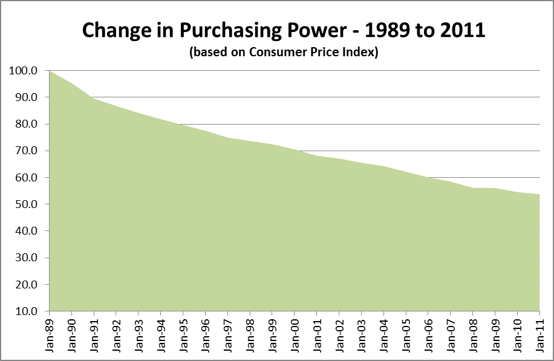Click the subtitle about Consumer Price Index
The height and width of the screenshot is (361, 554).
click(x=284, y=53)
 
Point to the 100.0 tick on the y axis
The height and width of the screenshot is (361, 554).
click(x=24, y=71)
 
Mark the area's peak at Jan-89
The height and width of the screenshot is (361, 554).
click(x=49, y=71)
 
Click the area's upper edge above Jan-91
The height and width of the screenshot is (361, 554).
click(x=94, y=99)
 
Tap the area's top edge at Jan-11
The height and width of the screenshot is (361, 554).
click(x=538, y=194)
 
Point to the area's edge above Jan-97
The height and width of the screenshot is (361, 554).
click(x=227, y=138)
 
